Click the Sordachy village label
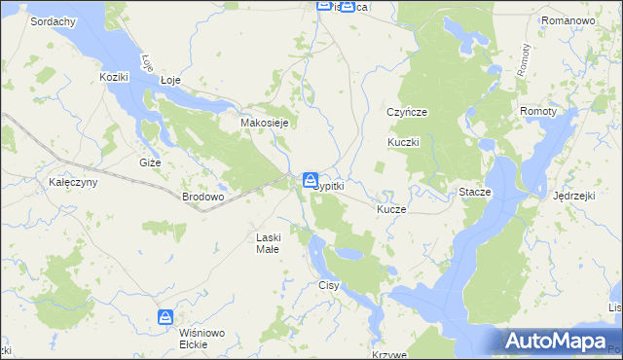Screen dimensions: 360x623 tap(54, 20)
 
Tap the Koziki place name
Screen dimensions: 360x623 tap(114, 76)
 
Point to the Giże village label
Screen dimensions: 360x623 tap(150, 162)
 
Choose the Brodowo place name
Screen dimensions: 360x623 tap(203, 197)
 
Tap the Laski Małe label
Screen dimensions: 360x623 tap(268, 243)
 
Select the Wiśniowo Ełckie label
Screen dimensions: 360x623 tap(202, 338)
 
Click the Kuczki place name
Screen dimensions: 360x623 tap(403, 142)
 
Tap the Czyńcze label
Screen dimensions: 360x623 tap(407, 112)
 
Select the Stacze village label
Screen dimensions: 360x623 tap(475, 193)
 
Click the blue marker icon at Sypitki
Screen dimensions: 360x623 tap(310, 180)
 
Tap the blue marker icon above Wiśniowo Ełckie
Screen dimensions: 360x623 tap(166, 317)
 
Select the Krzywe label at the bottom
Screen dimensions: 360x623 tap(388, 355)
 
